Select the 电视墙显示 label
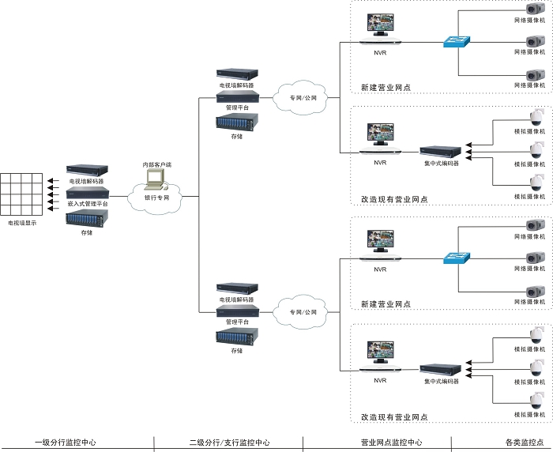point(21,224)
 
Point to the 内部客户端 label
point(156,164)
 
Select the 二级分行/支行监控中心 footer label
point(229,443)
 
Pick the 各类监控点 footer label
point(502,443)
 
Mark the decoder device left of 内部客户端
point(86,170)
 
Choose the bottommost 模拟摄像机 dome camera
point(537,401)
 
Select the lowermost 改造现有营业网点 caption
point(394,416)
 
